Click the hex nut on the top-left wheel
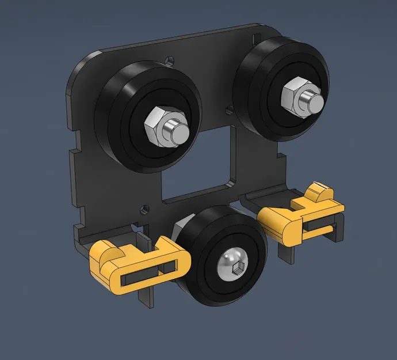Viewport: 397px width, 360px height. point(156,124)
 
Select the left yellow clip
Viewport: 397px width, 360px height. point(138,265)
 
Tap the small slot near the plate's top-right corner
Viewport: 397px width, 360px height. point(257,37)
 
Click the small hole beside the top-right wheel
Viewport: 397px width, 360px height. point(230,108)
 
